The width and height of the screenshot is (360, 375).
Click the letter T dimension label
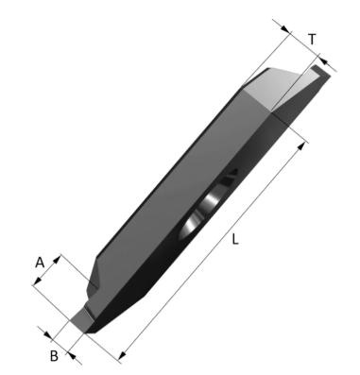[x=312, y=40]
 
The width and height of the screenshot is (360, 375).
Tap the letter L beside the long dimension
[x=235, y=240]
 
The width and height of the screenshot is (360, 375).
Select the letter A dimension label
[x=40, y=263]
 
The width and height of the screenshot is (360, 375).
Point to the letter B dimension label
[x=54, y=356]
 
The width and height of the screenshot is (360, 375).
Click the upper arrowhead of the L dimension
[x=301, y=146]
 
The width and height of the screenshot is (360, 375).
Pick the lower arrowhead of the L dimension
[x=122, y=355]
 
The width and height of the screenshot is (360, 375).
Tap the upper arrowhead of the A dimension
[x=56, y=260]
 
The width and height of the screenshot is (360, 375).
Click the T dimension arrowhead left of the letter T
[x=285, y=28]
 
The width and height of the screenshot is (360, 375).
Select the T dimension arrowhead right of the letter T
[x=324, y=61]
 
